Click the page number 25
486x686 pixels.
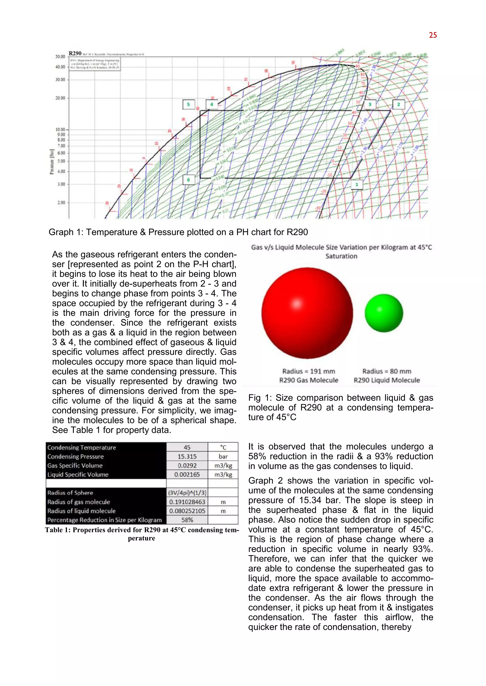click(x=433, y=35)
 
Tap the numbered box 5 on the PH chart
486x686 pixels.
click(x=188, y=104)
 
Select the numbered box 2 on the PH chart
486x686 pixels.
click(x=398, y=104)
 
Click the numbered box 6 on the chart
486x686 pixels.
click(x=188, y=180)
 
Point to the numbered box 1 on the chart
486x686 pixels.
click(x=356, y=185)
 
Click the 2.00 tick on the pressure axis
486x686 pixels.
click(x=61, y=203)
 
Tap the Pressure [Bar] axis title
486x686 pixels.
click(x=52, y=161)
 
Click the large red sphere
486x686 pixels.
click(x=307, y=313)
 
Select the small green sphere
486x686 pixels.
click(x=384, y=313)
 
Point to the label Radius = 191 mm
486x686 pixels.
click(x=308, y=371)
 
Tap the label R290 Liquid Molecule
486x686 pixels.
click(x=387, y=380)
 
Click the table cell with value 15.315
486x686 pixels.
click(x=187, y=456)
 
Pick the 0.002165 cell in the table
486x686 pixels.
click(x=187, y=474)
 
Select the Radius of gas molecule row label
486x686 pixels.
click(x=79, y=502)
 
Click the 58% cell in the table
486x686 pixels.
click(x=187, y=520)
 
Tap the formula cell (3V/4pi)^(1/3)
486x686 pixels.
click(x=187, y=493)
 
